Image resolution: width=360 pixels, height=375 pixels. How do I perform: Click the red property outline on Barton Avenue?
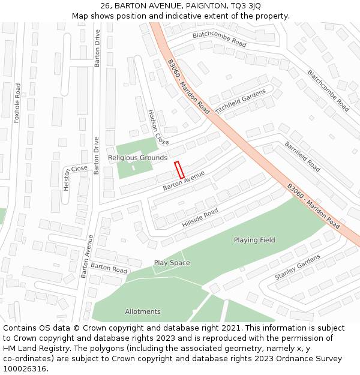click(179, 170)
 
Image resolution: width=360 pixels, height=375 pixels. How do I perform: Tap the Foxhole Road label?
click(17, 103)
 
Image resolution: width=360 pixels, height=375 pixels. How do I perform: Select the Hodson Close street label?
click(158, 127)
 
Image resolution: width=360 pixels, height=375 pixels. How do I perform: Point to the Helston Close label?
click(75, 178)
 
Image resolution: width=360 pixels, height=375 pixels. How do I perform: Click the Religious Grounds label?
click(137, 158)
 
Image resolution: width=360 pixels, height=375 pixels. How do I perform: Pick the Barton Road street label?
click(109, 268)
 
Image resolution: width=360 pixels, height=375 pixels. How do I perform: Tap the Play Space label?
click(172, 263)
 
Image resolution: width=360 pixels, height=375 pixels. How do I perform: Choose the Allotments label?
click(143, 311)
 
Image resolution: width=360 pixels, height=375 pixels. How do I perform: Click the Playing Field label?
click(254, 240)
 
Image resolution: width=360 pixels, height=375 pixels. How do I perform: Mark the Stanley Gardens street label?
click(298, 268)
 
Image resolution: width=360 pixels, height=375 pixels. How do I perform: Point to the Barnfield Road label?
click(302, 156)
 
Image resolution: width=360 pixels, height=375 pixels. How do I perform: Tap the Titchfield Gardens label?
click(240, 102)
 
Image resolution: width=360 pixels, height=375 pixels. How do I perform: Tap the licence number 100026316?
click(25, 369)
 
